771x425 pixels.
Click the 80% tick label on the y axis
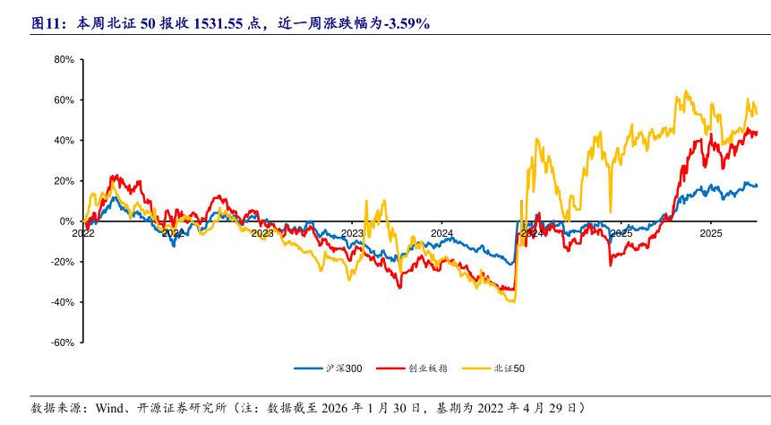point(62,60)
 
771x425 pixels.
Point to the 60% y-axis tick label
point(62,100)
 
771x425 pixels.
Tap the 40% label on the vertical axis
point(62,141)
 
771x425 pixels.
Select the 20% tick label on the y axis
point(62,181)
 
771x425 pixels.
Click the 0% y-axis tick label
point(65,221)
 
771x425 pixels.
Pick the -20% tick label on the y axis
point(60,262)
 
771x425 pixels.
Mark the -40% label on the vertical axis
point(60,302)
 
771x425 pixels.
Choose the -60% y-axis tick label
point(60,343)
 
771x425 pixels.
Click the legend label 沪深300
point(344,369)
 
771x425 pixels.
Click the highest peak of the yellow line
point(685,91)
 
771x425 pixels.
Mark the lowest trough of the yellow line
point(513,301)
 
